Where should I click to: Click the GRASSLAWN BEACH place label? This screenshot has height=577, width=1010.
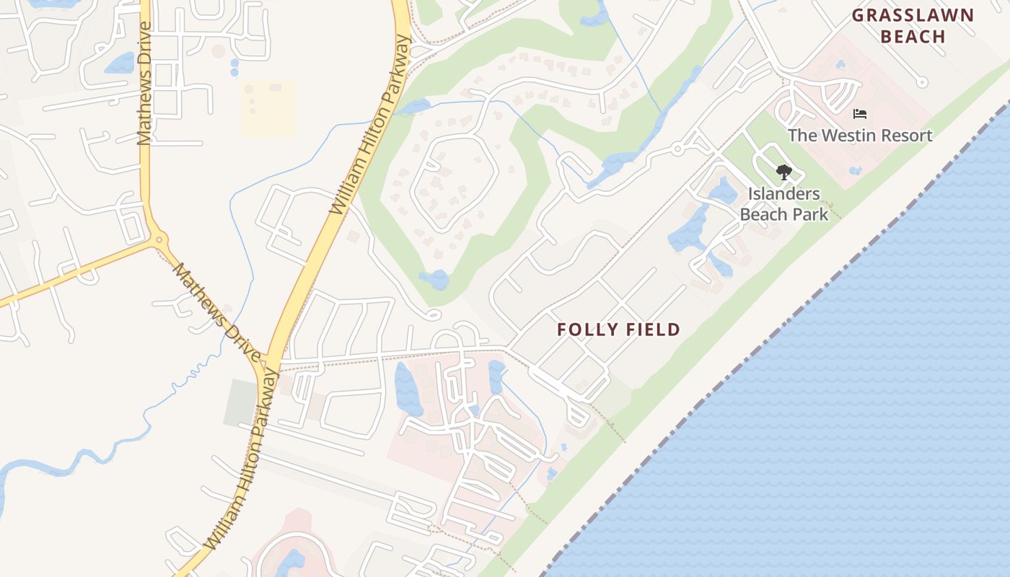(913, 26)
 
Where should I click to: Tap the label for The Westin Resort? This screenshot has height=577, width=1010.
(860, 135)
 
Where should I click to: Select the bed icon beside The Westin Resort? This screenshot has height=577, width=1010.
(859, 114)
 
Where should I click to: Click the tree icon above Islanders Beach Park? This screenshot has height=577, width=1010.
(783, 172)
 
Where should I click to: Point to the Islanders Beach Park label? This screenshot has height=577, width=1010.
(784, 204)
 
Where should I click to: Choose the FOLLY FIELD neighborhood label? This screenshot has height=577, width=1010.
(618, 330)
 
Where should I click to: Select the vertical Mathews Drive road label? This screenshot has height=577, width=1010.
(144, 83)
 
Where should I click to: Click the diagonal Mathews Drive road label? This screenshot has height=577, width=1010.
(216, 312)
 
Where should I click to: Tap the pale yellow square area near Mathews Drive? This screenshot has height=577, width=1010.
(268, 109)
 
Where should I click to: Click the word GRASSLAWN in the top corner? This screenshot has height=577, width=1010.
(913, 15)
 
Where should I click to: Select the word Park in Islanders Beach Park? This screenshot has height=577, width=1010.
(810, 214)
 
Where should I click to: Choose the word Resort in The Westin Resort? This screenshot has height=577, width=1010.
(908, 135)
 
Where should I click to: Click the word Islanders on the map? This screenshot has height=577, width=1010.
(784, 193)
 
